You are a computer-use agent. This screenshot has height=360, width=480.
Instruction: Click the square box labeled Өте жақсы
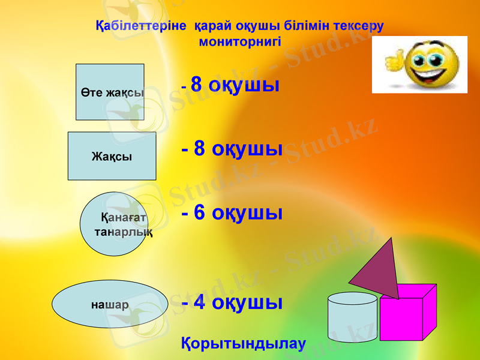pos(110,92)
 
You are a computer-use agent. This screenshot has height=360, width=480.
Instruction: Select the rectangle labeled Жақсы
pos(112,156)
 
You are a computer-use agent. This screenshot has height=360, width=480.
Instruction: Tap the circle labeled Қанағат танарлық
pos(113,224)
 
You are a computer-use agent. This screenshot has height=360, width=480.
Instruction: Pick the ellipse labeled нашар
pos(110,304)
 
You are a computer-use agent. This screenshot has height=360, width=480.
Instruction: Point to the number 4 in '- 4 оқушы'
pos(201,302)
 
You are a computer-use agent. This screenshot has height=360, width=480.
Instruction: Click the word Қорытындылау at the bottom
pos(243,344)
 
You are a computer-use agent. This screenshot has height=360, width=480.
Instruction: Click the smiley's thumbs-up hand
pos(394,61)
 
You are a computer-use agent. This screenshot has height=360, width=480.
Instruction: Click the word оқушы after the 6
pos(247,213)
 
